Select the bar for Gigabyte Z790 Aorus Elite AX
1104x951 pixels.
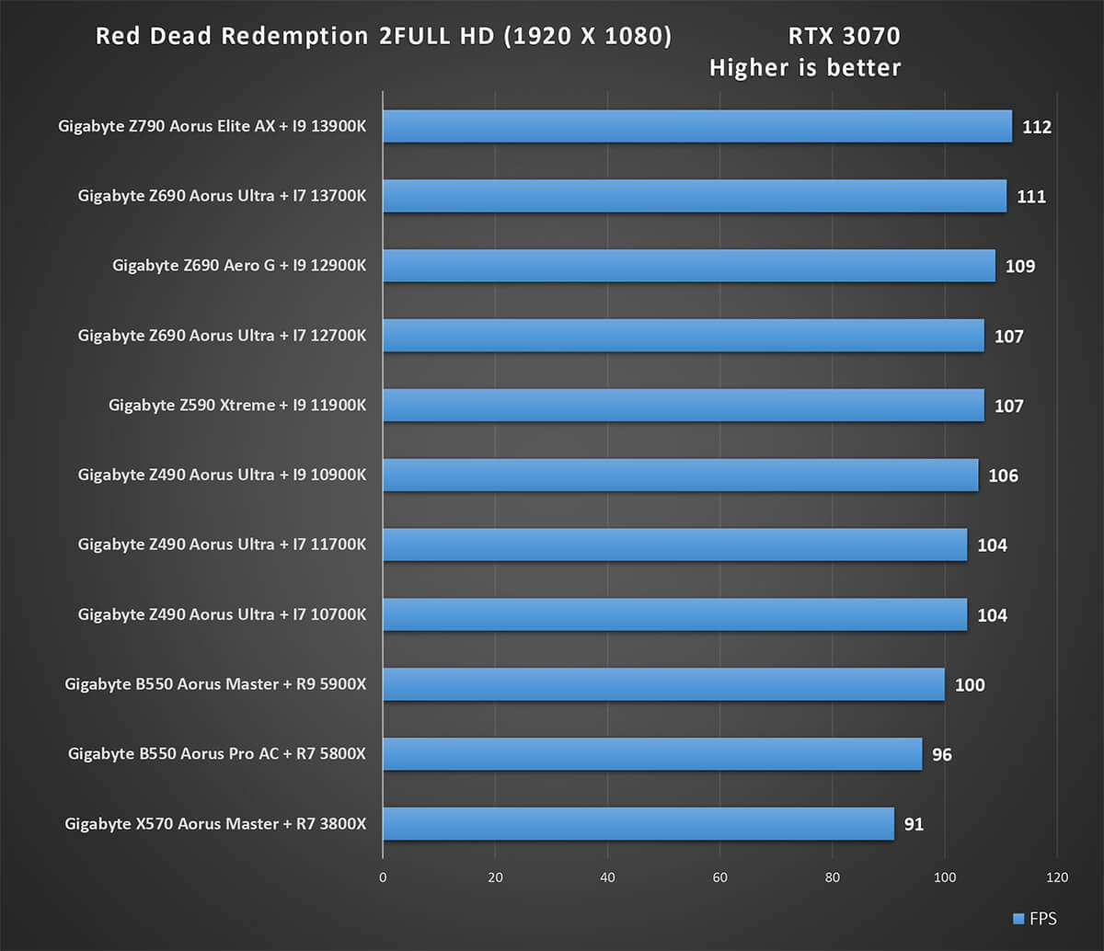click(696, 127)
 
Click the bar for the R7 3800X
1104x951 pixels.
click(638, 824)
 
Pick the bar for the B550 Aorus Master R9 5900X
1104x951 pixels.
click(662, 684)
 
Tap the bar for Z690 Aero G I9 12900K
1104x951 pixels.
click(688, 266)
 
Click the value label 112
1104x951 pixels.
click(1036, 127)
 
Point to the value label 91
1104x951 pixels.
click(913, 824)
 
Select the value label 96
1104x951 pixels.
click(941, 755)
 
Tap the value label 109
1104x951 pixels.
click(1020, 267)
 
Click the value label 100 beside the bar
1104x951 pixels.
click(970, 685)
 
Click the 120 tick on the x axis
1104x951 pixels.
click(1057, 877)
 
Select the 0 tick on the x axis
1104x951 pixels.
click(383, 877)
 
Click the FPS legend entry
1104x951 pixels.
click(1034, 919)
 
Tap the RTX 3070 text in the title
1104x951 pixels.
click(844, 37)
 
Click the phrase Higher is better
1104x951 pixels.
click(805, 68)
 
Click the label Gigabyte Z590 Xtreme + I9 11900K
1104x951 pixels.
click(236, 406)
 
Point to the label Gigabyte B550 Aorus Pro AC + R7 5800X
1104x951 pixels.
click(216, 754)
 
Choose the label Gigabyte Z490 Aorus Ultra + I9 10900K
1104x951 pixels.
click(222, 475)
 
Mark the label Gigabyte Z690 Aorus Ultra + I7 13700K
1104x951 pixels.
click(222, 196)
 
